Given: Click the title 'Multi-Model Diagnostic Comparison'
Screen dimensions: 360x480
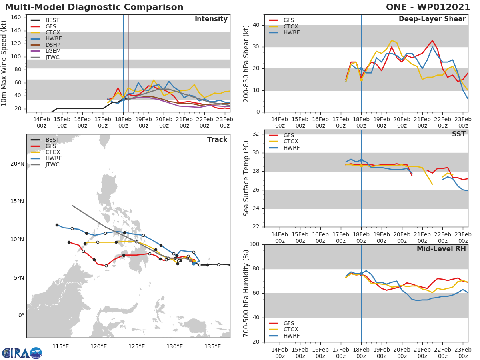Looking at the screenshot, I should (x=94, y=7).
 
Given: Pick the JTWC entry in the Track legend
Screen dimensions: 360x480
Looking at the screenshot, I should (x=53, y=164).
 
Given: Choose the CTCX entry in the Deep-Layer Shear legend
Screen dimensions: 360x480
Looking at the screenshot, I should (x=290, y=26).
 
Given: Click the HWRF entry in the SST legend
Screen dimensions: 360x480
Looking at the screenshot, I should (x=291, y=148).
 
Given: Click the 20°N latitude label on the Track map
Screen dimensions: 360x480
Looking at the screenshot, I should (x=17, y=164).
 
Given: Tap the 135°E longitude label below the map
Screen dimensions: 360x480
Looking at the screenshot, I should (x=213, y=346).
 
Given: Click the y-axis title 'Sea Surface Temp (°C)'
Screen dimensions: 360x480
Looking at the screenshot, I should (x=246, y=178).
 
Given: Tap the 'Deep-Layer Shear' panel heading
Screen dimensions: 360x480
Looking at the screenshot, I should (x=432, y=19).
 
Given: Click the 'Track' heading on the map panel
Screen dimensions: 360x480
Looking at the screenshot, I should (x=217, y=140).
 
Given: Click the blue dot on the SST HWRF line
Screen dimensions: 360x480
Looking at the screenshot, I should (x=361, y=160).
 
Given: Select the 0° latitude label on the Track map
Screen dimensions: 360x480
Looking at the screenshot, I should (x=21, y=315).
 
